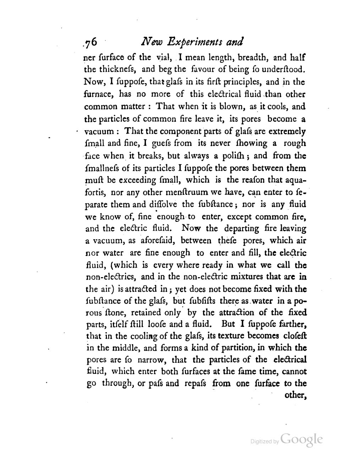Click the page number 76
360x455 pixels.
tap(88, 42)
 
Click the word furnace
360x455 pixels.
tap(98, 94)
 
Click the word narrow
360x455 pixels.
tap(149, 360)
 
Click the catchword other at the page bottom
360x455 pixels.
tap(295, 395)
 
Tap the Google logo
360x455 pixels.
tap(301, 440)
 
